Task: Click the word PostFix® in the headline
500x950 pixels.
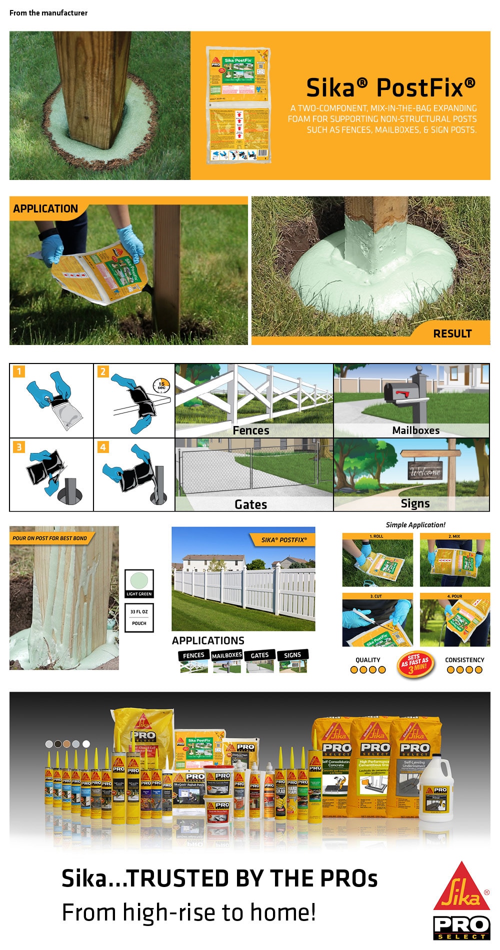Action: pyautogui.click(x=425, y=88)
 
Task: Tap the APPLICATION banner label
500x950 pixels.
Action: pyautogui.click(x=45, y=209)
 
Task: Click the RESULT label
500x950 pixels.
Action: pyautogui.click(x=452, y=333)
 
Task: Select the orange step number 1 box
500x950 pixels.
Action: pyautogui.click(x=19, y=371)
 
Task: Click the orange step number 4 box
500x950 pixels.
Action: pyautogui.click(x=103, y=447)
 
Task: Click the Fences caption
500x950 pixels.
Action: pyautogui.click(x=251, y=430)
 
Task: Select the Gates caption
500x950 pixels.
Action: pyautogui.click(x=251, y=504)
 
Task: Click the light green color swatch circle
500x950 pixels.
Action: pyautogui.click(x=139, y=581)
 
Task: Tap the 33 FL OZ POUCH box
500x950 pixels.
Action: pyautogui.click(x=139, y=617)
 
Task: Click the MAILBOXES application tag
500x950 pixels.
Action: pyautogui.click(x=226, y=655)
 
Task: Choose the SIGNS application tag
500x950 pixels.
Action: pyautogui.click(x=292, y=655)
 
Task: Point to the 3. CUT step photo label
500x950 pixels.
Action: pyautogui.click(x=376, y=596)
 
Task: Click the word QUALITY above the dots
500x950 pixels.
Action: pyautogui.click(x=368, y=660)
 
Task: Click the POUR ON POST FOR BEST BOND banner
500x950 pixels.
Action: pyautogui.click(x=49, y=538)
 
